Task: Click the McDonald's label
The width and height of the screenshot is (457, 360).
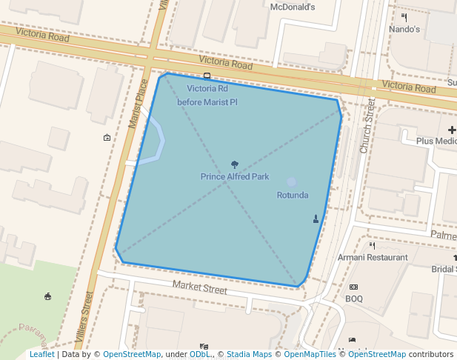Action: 293,7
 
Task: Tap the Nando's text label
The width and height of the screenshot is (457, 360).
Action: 404,30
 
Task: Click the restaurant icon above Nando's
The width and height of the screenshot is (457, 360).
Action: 404,17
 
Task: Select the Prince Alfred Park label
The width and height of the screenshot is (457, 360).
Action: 235,177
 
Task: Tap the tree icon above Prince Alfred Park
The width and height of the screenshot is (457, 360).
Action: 235,164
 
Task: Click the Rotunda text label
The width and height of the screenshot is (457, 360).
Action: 293,196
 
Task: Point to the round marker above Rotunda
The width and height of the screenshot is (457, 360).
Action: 291,181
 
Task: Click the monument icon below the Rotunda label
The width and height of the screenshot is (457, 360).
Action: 316,219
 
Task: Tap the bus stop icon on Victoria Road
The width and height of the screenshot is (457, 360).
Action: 207,76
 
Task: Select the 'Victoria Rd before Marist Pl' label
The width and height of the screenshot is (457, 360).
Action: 207,95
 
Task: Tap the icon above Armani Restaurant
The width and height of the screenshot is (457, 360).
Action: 373,245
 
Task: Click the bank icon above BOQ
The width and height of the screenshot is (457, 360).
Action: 353,287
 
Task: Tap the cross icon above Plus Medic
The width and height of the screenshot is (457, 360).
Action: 453,130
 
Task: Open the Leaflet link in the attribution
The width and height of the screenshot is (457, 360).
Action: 42,355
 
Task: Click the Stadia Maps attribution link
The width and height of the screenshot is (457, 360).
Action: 249,355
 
